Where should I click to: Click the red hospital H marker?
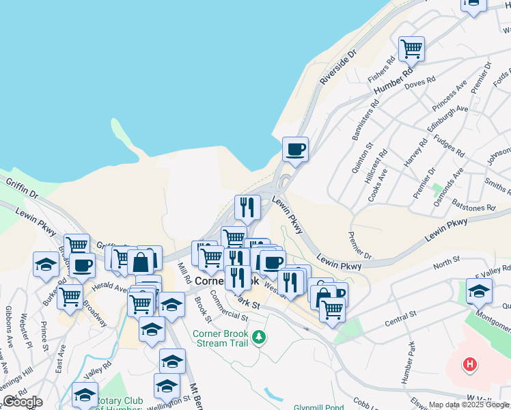point(469,365)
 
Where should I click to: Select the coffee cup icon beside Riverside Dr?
point(295,149)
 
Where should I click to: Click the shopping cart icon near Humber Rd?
point(411,49)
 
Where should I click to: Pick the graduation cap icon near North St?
point(479,291)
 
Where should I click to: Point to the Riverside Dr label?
point(339,68)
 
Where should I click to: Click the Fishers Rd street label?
point(382,70)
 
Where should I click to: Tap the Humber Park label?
point(409,367)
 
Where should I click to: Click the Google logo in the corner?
point(23,402)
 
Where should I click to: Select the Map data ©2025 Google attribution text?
point(469,405)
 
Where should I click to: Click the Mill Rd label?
point(183,274)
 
